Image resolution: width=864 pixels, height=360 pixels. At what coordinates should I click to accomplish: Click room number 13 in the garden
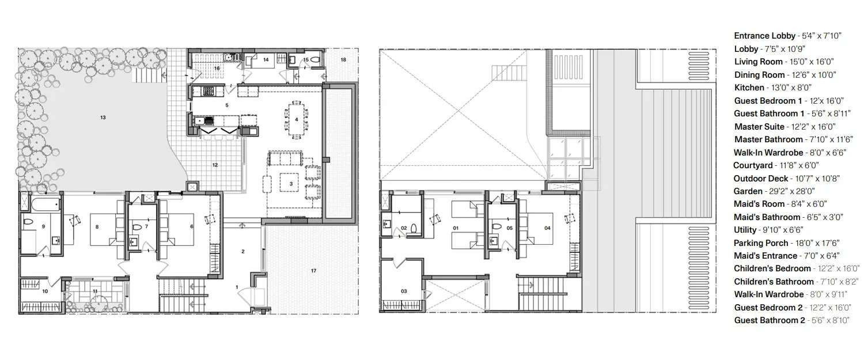coord(103,118)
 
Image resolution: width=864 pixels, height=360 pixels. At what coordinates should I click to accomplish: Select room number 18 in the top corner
coord(343,59)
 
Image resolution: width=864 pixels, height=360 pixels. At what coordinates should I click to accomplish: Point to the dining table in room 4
coord(296,120)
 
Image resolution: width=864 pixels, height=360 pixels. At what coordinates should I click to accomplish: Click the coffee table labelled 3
coord(291,183)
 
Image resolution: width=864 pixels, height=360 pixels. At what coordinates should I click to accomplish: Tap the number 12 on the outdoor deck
coord(215,165)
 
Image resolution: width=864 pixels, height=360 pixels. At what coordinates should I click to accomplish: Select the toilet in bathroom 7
coord(136,228)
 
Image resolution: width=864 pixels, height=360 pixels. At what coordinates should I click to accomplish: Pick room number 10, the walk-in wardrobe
coord(46,291)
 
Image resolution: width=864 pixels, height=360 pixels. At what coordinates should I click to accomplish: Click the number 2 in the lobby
coord(243,251)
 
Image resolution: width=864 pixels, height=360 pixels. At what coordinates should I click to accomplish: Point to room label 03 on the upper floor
coord(404,291)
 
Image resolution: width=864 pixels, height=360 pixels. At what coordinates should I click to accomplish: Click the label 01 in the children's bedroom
coord(455,228)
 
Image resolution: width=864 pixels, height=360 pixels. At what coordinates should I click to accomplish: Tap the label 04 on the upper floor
coord(547,228)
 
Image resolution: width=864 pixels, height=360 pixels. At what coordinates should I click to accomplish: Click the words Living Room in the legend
coord(758,62)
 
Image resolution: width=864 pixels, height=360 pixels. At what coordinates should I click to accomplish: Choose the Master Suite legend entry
coord(759,127)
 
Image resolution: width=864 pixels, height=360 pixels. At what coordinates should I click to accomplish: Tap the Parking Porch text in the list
coord(761,243)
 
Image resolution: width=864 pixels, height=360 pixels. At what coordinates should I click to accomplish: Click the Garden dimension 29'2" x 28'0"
coord(793,191)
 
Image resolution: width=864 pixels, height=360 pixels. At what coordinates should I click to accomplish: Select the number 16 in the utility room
coord(217,68)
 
